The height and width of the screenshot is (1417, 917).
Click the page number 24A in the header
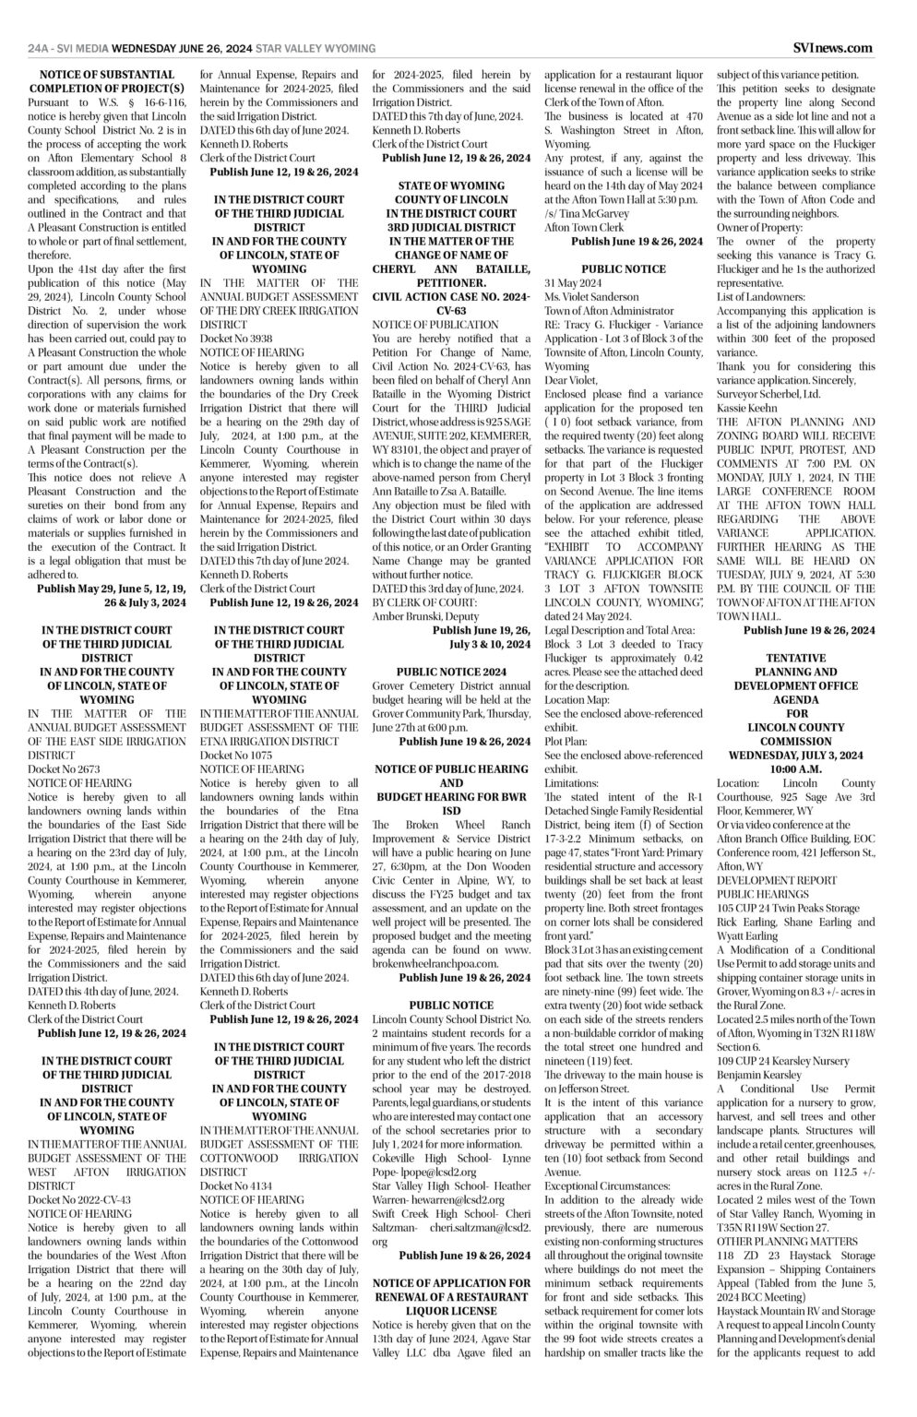38,48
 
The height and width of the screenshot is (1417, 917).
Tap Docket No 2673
64,768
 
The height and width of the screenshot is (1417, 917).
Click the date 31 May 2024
574,283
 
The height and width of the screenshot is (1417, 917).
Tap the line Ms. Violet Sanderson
591,297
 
